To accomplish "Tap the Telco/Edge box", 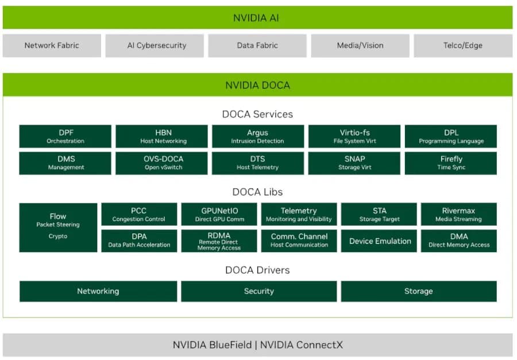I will click(x=463, y=45).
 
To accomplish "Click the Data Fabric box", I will click(x=257, y=45).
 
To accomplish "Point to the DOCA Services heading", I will click(x=257, y=114).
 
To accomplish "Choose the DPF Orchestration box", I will click(x=65, y=137).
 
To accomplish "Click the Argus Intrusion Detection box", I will click(x=258, y=137).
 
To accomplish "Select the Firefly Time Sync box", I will click(x=451, y=163).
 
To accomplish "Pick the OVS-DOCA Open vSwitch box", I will click(x=162, y=163).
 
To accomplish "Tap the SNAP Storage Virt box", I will click(x=354, y=163).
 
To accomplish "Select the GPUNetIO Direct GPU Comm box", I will click(x=219, y=214).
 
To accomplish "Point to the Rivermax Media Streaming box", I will click(x=458, y=214).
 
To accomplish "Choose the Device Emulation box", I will click(x=380, y=241).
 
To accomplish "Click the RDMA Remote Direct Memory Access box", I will click(x=219, y=241).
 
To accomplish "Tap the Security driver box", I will click(x=258, y=291).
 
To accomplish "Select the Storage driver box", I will click(x=418, y=291).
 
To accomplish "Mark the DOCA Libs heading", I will click(x=257, y=192).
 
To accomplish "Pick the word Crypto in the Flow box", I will click(x=58, y=236).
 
